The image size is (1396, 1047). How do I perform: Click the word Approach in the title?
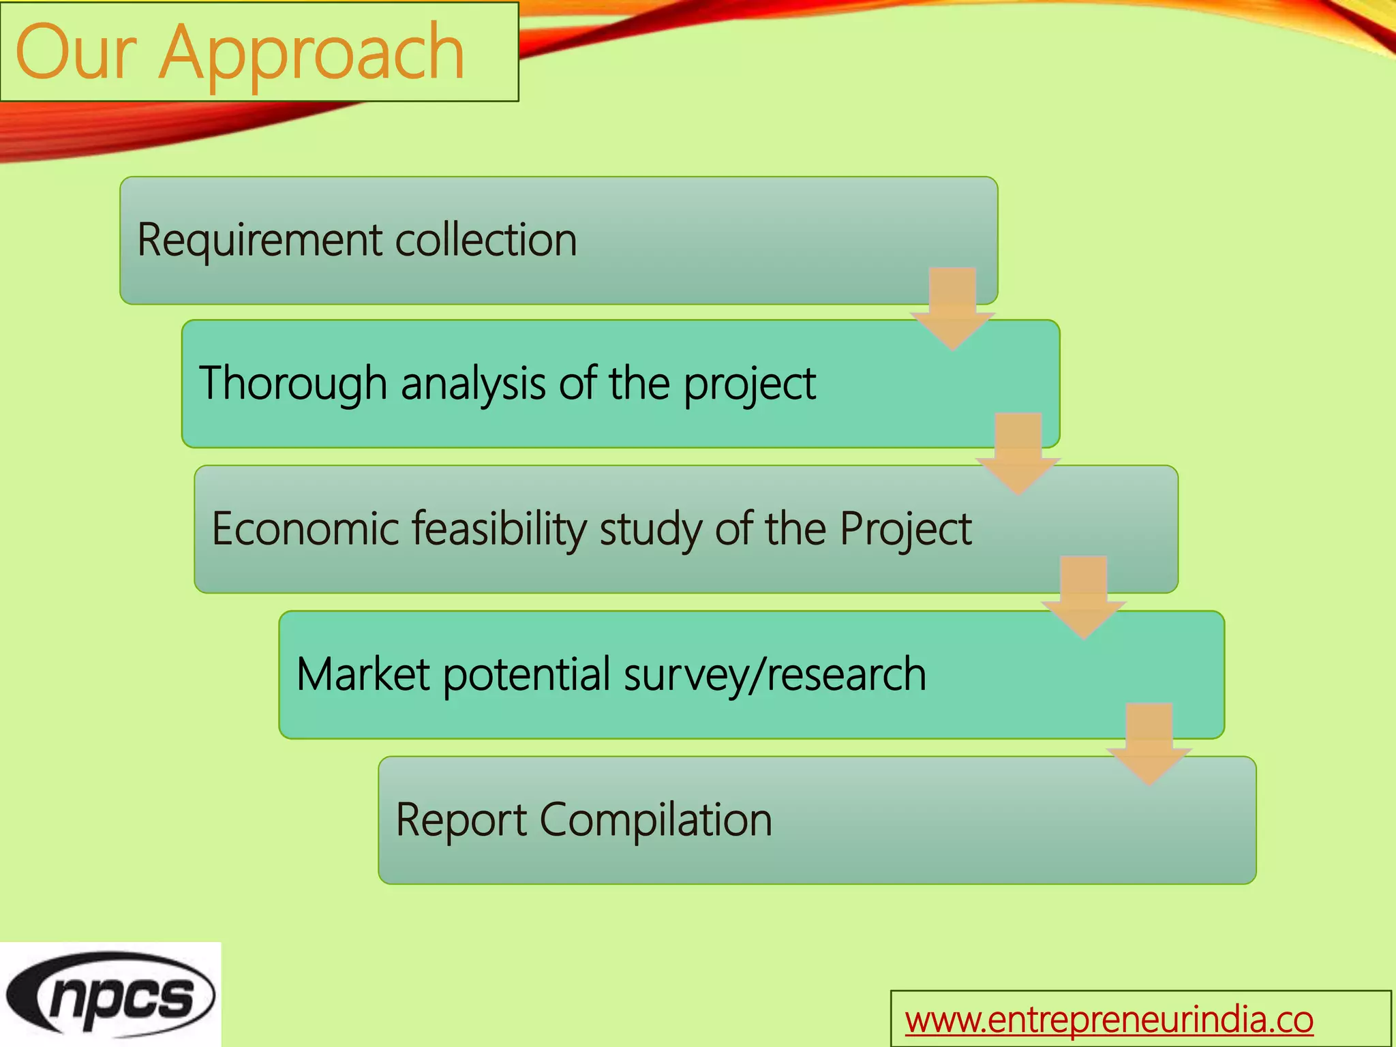[x=312, y=53]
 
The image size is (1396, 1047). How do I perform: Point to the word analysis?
[x=473, y=384]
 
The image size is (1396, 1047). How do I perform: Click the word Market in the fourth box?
[x=363, y=674]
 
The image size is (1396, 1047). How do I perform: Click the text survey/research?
[x=774, y=674]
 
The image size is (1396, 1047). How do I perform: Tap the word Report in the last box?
[x=460, y=819]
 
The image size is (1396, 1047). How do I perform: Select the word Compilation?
[x=656, y=819]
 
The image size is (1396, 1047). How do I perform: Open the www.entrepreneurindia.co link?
[x=1108, y=1020]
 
